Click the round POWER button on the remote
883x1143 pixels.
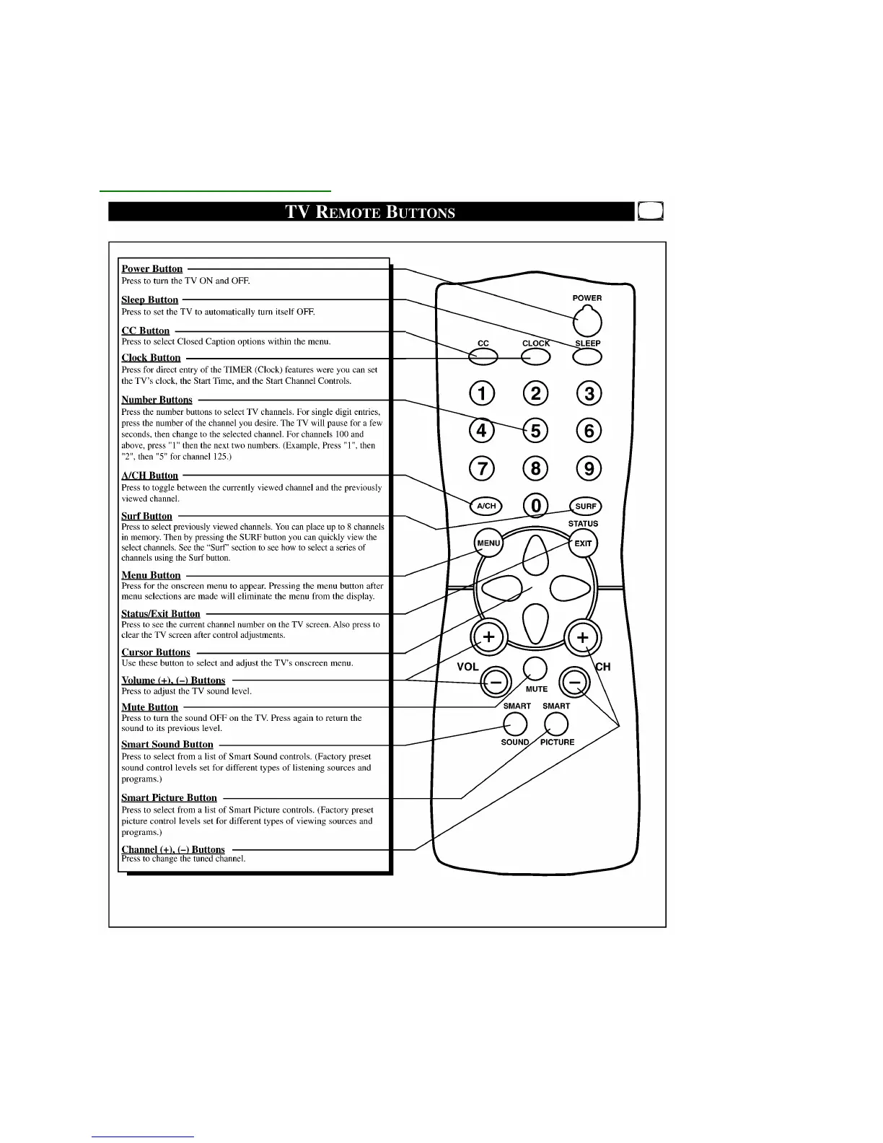pyautogui.click(x=588, y=322)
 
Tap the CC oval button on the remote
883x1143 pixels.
pyautogui.click(x=483, y=356)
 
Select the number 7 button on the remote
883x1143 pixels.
pyautogui.click(x=482, y=469)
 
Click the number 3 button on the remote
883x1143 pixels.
pyautogui.click(x=589, y=393)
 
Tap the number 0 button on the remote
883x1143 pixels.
pyautogui.click(x=535, y=506)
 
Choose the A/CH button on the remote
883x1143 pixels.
pyautogui.click(x=486, y=506)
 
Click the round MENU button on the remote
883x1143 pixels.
pyautogui.click(x=488, y=543)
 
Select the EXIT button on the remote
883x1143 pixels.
pyautogui.click(x=583, y=543)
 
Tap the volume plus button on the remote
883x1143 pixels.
pyautogui.click(x=489, y=637)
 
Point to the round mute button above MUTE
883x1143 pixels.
pyautogui.click(x=535, y=669)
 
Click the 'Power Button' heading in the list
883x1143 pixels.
pyautogui.click(x=152, y=269)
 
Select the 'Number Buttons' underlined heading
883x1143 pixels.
pyautogui.click(x=157, y=400)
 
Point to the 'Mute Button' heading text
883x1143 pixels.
pyautogui.click(x=149, y=707)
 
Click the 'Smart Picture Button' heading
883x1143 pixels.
pyautogui.click(x=169, y=797)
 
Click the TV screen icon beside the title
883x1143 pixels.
pyautogui.click(x=651, y=211)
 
